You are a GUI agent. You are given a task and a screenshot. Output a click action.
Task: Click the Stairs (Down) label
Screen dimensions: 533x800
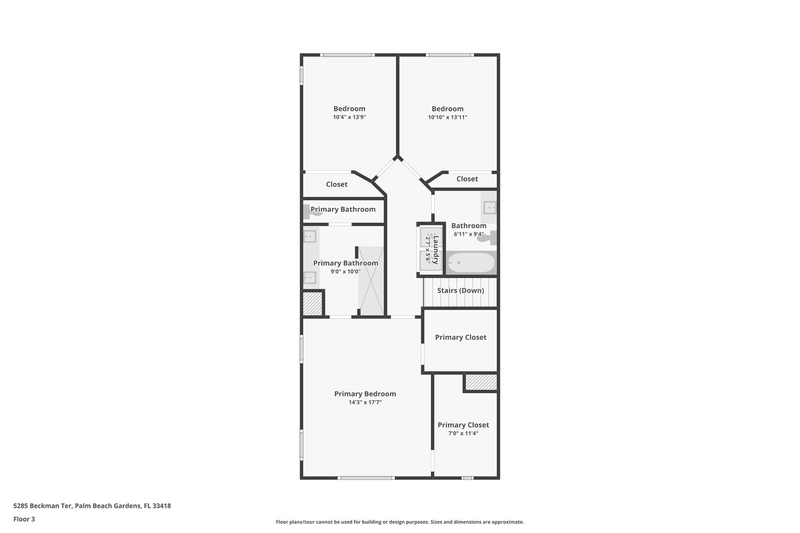pos(460,291)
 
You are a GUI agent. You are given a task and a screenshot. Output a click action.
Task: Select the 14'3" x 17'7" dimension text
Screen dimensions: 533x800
pos(365,403)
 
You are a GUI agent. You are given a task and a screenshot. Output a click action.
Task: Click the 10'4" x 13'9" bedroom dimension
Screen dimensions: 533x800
pos(349,117)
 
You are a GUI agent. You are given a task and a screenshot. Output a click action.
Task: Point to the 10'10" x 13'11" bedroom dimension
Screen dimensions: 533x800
pos(447,117)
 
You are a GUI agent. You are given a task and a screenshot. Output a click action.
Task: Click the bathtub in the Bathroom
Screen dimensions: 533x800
pos(471,263)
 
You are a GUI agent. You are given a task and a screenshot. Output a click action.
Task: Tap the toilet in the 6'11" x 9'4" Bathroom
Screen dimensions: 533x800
pos(486,238)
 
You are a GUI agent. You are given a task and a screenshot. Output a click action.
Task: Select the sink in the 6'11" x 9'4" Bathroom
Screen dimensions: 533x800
pos(489,207)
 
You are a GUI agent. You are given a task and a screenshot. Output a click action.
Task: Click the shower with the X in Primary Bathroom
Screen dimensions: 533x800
pos(371,281)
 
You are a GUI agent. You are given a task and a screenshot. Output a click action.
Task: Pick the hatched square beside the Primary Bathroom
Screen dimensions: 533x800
pos(312,303)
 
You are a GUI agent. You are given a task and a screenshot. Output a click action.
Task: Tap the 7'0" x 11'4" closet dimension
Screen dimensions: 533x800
pos(463,433)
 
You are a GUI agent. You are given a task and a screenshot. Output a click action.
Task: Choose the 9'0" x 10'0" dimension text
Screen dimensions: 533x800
pos(345,272)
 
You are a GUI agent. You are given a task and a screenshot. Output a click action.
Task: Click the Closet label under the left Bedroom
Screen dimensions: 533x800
pos(336,184)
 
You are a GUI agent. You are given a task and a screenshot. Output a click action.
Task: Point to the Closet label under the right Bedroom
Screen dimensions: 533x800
pos(467,179)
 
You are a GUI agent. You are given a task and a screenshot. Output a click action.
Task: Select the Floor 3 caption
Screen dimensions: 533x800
pos(24,519)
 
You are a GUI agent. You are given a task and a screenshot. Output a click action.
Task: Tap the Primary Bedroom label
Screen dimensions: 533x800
pos(365,394)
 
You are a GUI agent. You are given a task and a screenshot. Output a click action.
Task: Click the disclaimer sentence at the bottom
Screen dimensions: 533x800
pos(400,522)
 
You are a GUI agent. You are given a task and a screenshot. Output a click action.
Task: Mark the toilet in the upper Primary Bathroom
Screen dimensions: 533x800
pos(312,212)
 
